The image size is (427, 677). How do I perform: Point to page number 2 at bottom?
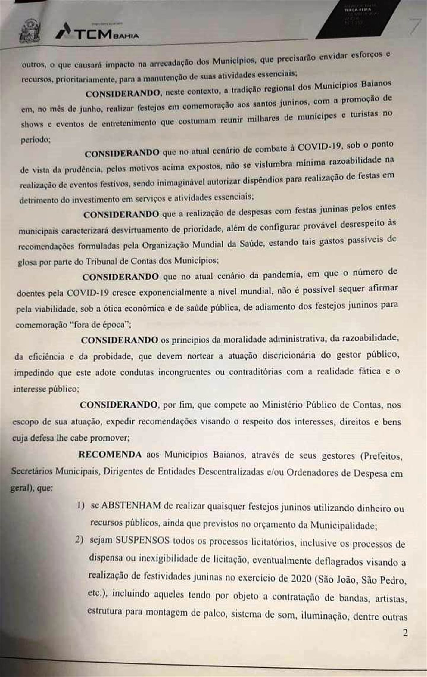[x=405, y=633]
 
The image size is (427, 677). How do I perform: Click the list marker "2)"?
[x=79, y=540]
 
